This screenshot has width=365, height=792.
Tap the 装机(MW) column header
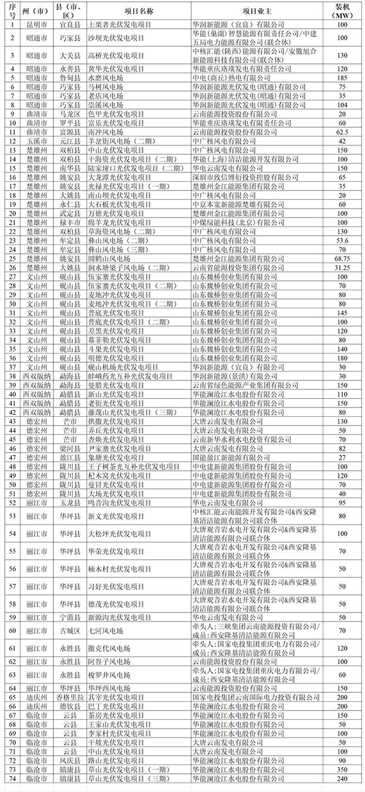click(x=342, y=11)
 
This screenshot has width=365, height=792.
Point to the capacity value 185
click(x=342, y=77)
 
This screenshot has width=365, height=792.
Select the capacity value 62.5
click(x=342, y=133)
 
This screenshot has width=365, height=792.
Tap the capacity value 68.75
click(x=342, y=259)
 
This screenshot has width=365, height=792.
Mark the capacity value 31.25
click(x=342, y=267)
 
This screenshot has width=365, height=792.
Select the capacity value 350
click(x=342, y=769)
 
